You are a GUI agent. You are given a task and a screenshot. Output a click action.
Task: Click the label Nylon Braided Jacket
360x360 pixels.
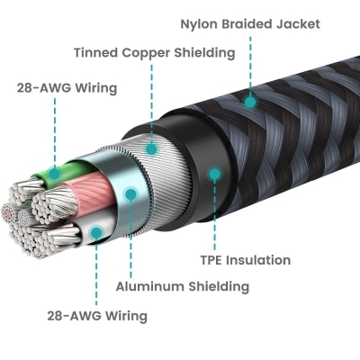[250, 24]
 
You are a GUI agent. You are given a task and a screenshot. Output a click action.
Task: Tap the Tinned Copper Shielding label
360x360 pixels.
[155, 53]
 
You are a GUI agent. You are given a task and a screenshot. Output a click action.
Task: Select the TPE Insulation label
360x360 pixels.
[246, 260]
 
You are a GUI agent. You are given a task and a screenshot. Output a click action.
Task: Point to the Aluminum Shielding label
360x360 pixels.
[183, 286]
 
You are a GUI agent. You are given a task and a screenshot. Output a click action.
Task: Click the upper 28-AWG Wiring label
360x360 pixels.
[67, 88]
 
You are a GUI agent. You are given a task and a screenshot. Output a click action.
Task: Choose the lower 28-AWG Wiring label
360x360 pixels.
[97, 316]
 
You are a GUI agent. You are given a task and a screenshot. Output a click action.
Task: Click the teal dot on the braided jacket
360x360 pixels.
[250, 102]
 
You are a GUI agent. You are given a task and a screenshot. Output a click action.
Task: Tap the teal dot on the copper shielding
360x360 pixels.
[152, 148]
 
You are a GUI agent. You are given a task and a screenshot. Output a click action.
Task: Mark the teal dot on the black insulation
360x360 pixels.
[214, 174]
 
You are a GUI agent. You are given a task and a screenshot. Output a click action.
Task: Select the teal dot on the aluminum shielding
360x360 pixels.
[130, 194]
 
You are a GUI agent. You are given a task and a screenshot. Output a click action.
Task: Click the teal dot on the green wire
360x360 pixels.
[55, 174]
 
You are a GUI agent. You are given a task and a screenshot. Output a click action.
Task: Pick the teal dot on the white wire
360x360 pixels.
[96, 232]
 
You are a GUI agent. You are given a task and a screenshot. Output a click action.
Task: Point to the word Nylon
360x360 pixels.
[199, 24]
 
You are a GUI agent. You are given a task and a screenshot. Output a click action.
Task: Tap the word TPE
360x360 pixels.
[211, 260]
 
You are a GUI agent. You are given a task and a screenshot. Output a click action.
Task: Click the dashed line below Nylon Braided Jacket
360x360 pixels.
[250, 66]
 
